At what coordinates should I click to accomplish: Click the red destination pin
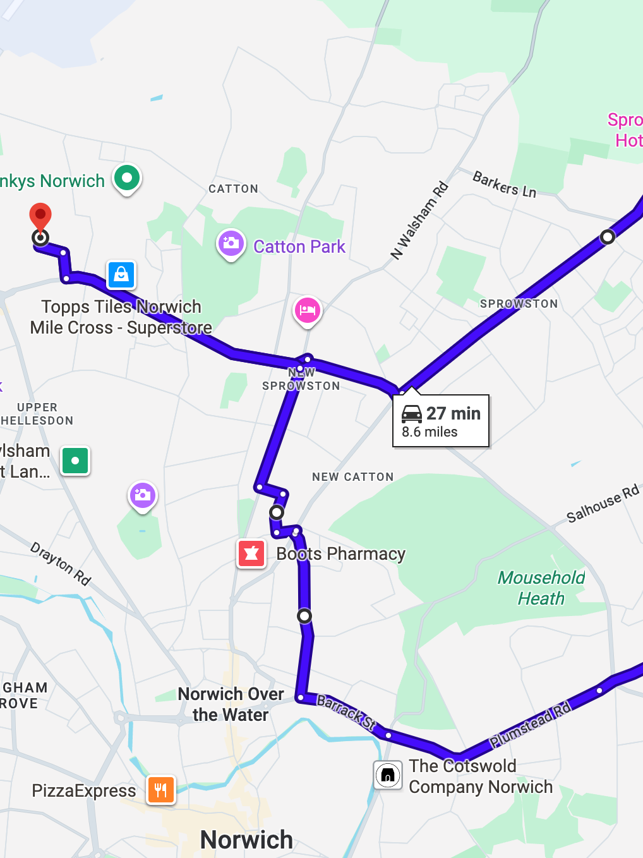click(x=40, y=217)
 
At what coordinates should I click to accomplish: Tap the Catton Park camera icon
click(x=231, y=243)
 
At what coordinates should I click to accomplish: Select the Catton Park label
click(x=299, y=246)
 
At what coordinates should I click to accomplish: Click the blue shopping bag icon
click(x=121, y=275)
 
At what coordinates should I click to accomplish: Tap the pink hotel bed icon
click(x=308, y=310)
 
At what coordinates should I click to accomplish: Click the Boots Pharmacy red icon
click(x=251, y=553)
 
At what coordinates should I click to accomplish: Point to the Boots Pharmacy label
click(x=340, y=554)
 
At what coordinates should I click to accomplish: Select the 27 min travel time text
click(x=453, y=413)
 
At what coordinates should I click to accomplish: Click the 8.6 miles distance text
click(x=430, y=432)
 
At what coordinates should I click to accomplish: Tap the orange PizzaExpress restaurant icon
click(x=161, y=789)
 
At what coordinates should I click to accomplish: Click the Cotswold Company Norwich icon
click(x=388, y=775)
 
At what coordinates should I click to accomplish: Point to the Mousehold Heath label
click(x=541, y=588)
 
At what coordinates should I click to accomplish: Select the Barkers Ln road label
click(x=505, y=184)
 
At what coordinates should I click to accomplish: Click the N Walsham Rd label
click(x=419, y=221)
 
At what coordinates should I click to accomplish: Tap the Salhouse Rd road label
click(x=603, y=504)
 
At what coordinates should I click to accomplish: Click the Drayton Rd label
click(x=61, y=564)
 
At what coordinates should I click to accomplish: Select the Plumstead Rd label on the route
click(x=531, y=724)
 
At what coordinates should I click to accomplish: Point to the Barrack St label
click(x=346, y=711)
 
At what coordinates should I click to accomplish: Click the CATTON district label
click(x=233, y=189)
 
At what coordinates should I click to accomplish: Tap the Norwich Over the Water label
click(x=231, y=704)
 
